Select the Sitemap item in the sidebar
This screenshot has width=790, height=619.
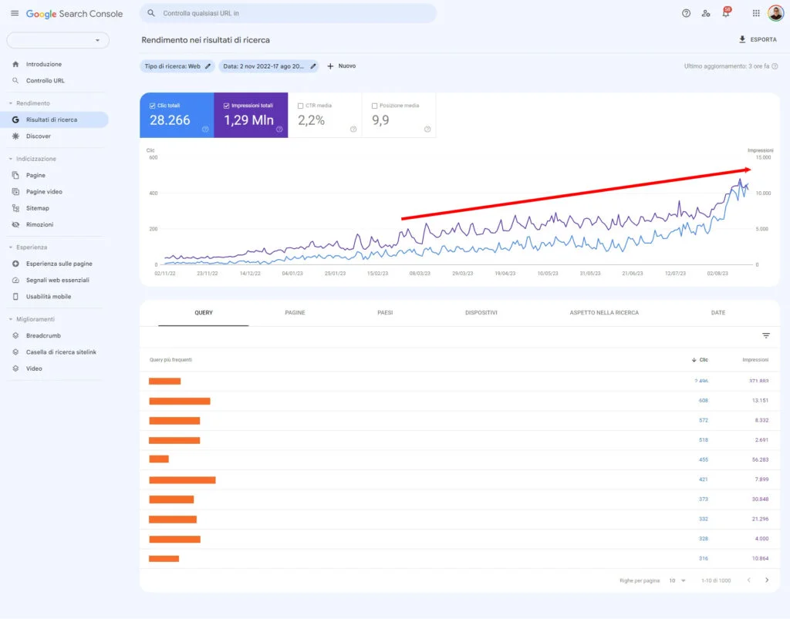click(x=37, y=208)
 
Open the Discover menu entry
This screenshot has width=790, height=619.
click(x=38, y=136)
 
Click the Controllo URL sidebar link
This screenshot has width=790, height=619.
click(x=45, y=81)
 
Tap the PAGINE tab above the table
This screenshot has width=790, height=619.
click(x=295, y=313)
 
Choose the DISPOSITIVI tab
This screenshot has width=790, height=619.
click(x=481, y=313)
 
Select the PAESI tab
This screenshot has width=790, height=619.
click(x=385, y=313)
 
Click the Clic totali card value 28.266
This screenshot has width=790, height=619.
click(x=170, y=120)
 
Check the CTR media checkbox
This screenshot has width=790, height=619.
click(x=300, y=106)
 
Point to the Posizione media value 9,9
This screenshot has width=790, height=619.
click(x=380, y=120)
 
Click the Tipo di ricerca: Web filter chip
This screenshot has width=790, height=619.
click(x=177, y=66)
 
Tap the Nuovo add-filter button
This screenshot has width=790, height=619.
click(x=341, y=66)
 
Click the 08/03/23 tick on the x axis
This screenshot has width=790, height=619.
click(x=419, y=273)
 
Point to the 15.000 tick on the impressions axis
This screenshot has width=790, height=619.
click(x=762, y=157)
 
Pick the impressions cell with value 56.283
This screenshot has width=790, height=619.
click(x=758, y=459)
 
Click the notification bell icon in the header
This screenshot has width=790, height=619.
click(x=725, y=13)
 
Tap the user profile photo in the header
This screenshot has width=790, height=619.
click(x=775, y=13)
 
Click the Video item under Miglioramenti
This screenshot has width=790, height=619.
click(x=34, y=368)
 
